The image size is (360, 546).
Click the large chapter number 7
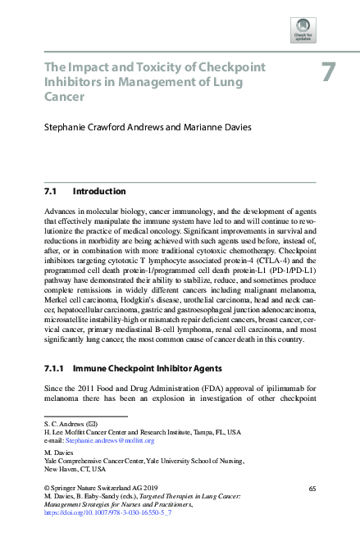[328, 73]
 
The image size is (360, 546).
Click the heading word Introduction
[99, 192]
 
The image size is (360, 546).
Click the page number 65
[312, 488]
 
